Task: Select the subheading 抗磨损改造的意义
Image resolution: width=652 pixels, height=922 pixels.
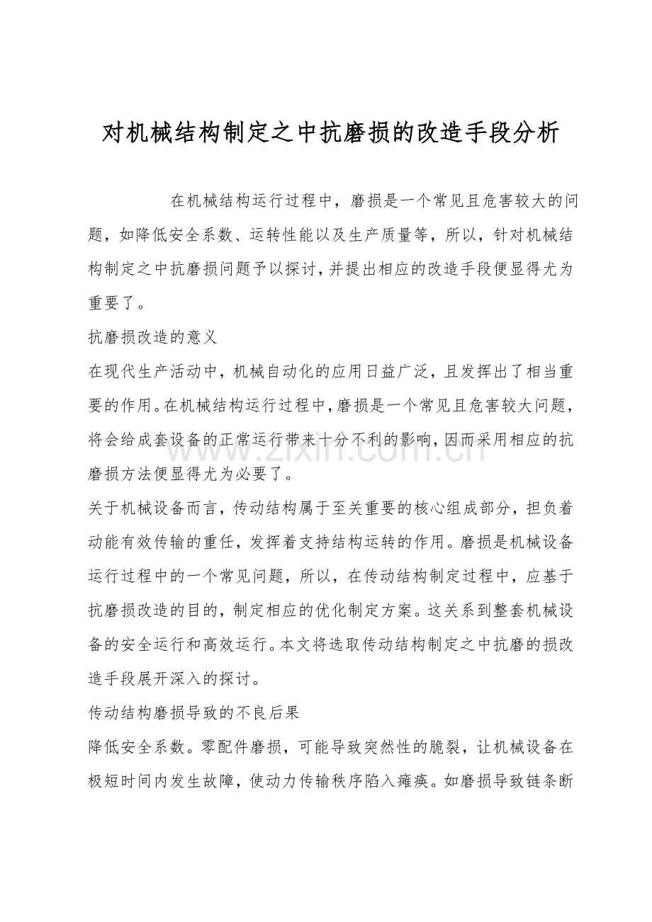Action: click(152, 338)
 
